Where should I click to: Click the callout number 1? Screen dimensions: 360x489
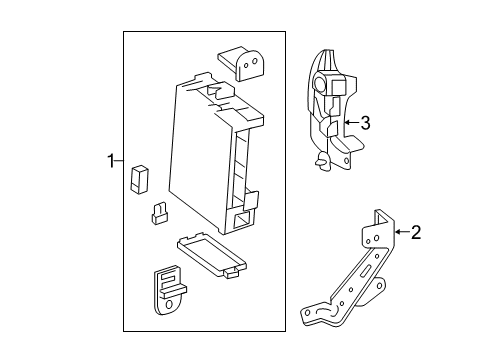point(112,159)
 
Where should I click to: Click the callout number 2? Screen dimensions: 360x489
point(415,234)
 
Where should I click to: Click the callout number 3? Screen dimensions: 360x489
point(365,123)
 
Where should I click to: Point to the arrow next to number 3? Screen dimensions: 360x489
point(350,123)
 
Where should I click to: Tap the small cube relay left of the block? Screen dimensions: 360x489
point(139,179)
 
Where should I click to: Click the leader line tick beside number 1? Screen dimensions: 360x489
point(123,159)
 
